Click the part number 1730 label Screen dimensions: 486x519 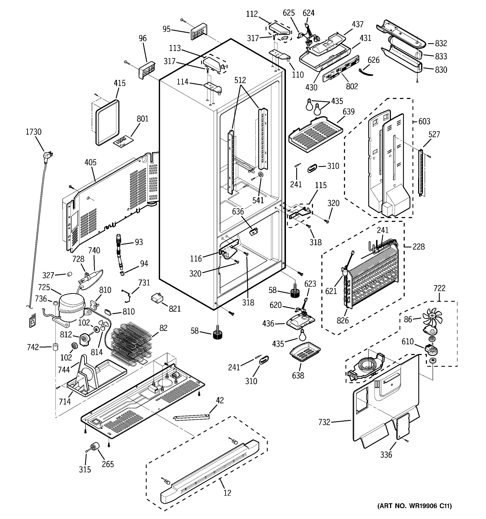tap(33, 132)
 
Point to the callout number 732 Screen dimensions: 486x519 tap(324, 422)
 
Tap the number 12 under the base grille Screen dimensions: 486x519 tap(227, 493)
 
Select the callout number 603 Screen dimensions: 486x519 tap(424, 121)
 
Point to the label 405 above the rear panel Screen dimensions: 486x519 tap(90, 162)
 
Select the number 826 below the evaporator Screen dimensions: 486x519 tap(343, 321)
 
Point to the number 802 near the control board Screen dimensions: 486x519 tap(352, 86)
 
